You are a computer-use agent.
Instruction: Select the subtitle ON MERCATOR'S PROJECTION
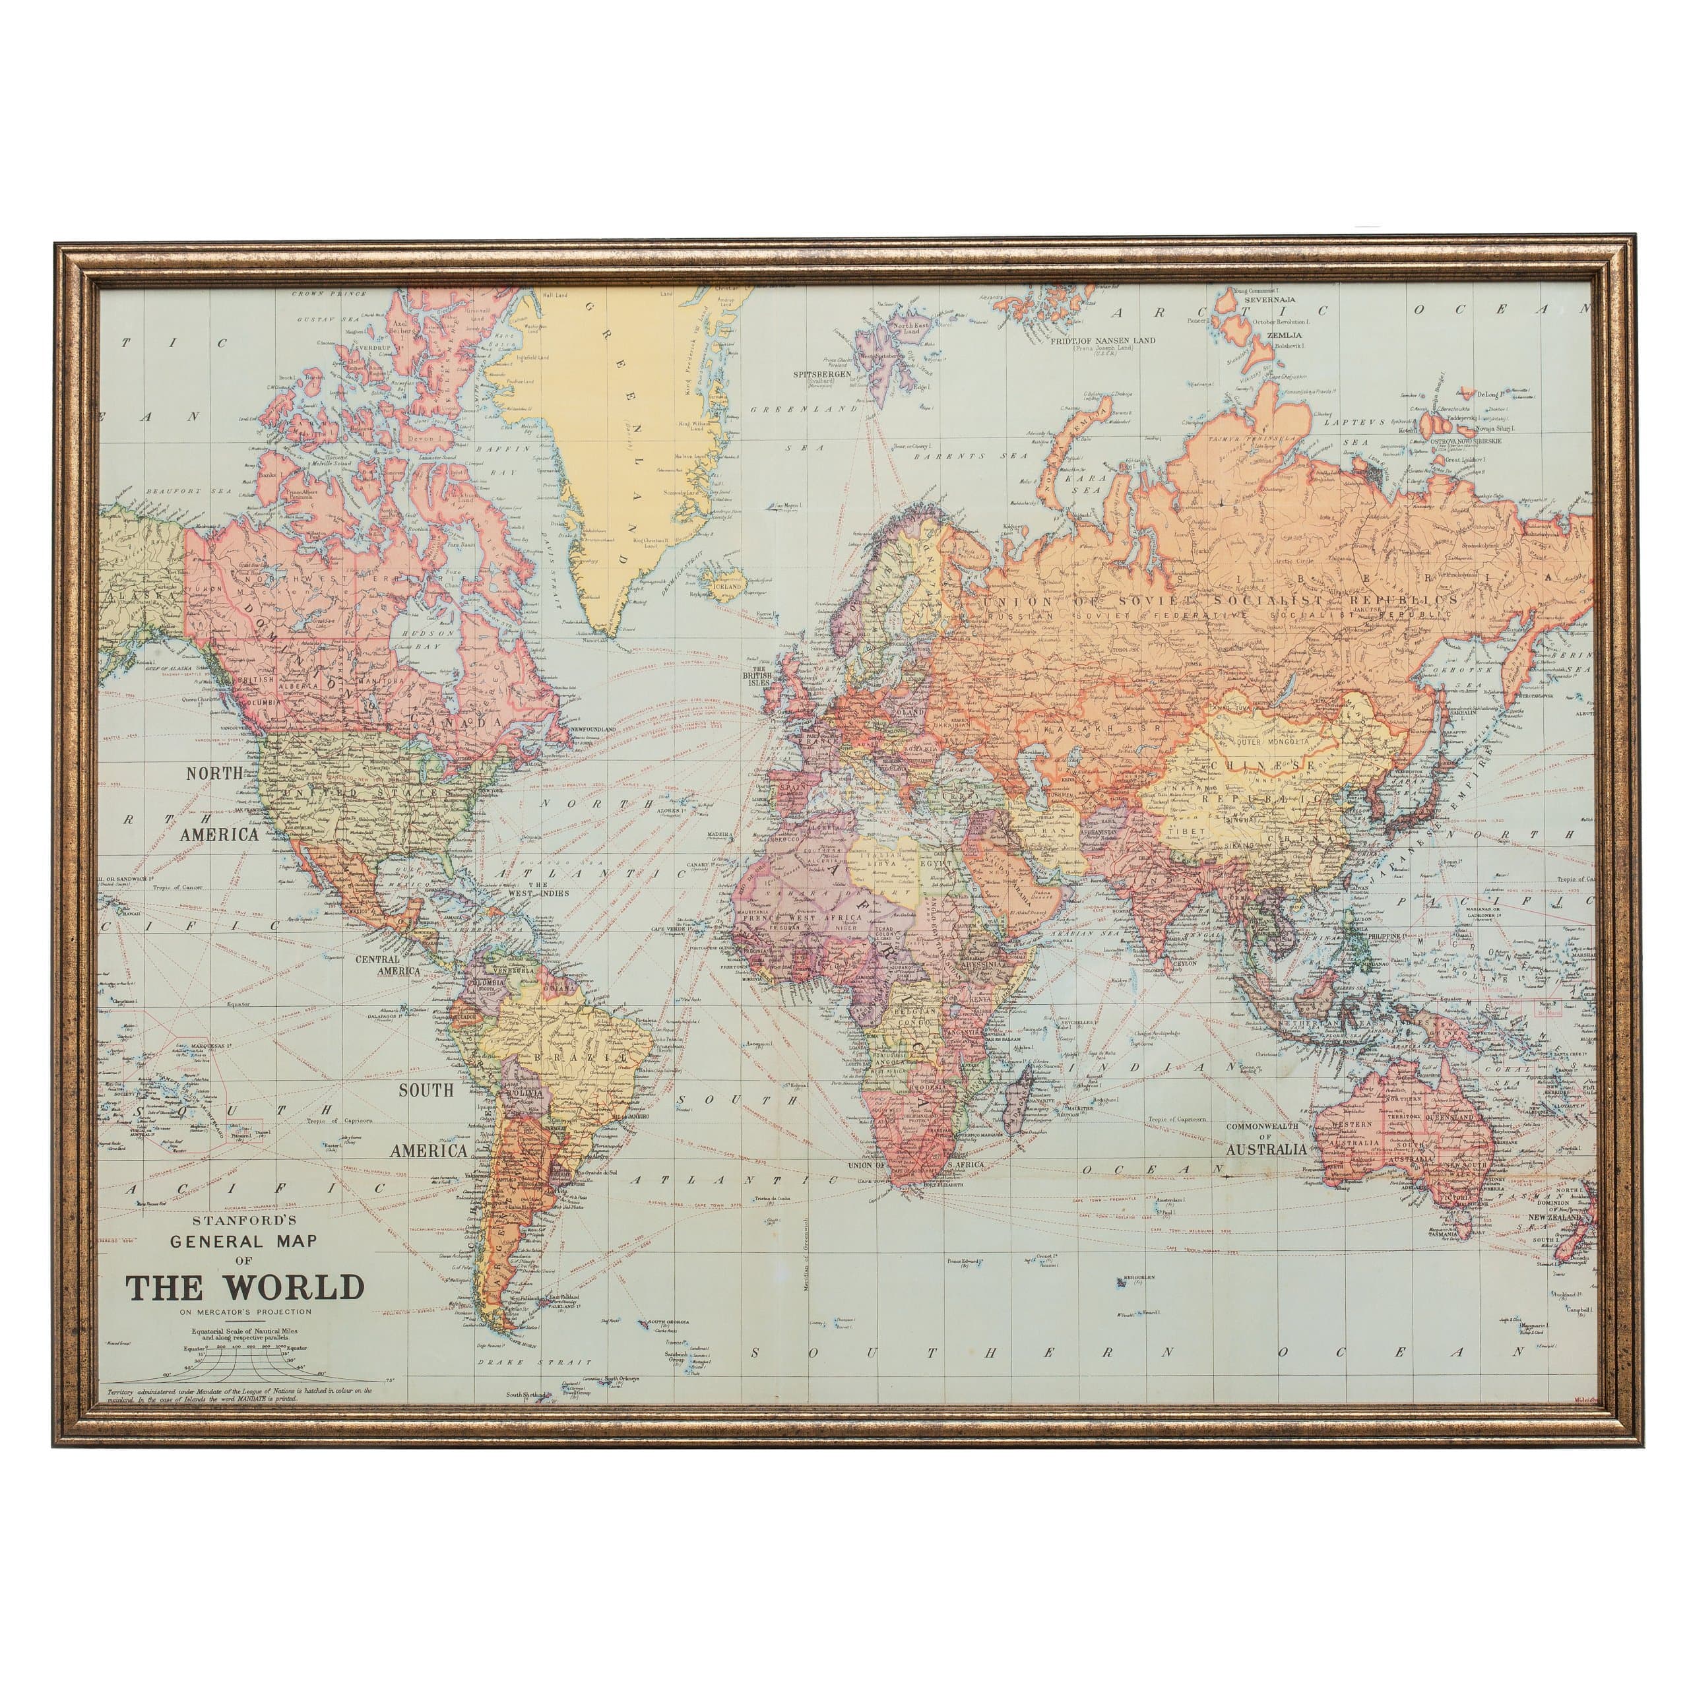tap(245, 1312)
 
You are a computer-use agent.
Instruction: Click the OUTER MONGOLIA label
tap(1272, 742)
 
